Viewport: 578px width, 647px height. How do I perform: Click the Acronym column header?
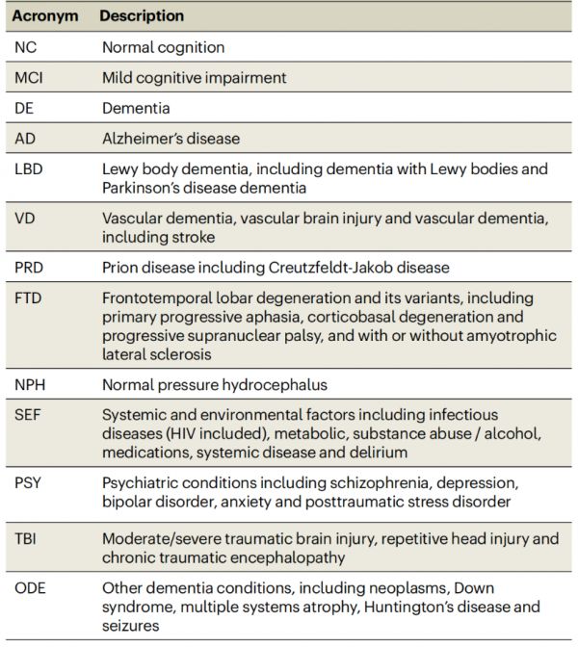43,16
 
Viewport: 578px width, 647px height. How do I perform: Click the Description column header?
142,16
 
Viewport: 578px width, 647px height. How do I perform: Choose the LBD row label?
30,169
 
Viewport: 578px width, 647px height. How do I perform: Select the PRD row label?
31,267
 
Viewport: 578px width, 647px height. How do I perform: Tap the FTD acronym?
30,298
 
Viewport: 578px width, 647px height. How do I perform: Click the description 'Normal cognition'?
163,47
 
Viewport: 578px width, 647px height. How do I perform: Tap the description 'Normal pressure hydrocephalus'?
215,384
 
